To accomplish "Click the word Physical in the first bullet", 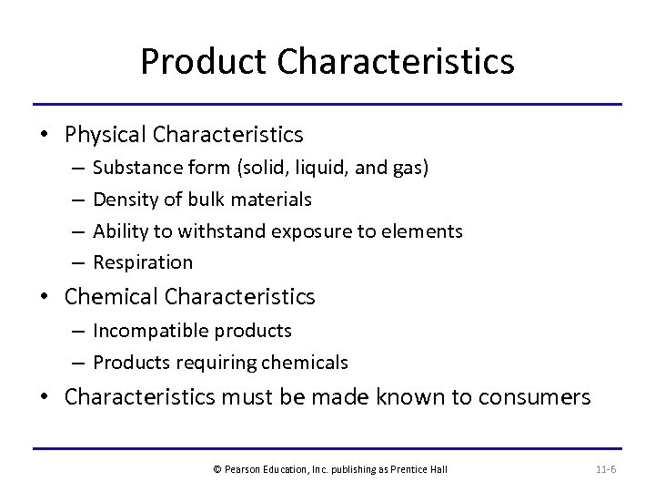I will (x=106, y=135).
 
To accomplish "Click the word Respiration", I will (x=143, y=262).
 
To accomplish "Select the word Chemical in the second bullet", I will (x=111, y=296).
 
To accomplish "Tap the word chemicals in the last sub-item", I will (x=305, y=363).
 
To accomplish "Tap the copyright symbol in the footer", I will (x=217, y=469).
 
